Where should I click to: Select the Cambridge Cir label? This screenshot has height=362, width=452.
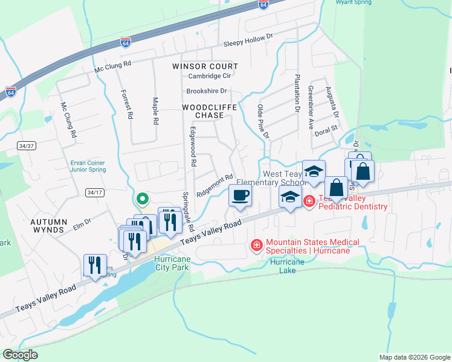[x=210, y=76]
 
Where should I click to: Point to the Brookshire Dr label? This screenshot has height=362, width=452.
[x=206, y=91]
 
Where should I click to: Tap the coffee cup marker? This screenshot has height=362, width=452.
[x=240, y=195]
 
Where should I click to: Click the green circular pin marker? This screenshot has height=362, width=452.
[x=142, y=198]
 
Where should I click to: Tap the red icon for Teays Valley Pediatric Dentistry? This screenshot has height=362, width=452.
[x=309, y=201]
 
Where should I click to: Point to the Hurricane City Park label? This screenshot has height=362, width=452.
[x=173, y=262]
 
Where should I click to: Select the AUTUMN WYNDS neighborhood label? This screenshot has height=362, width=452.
[x=48, y=226]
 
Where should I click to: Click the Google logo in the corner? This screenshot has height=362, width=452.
[x=20, y=354]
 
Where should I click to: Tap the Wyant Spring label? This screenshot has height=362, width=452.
[x=355, y=2]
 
